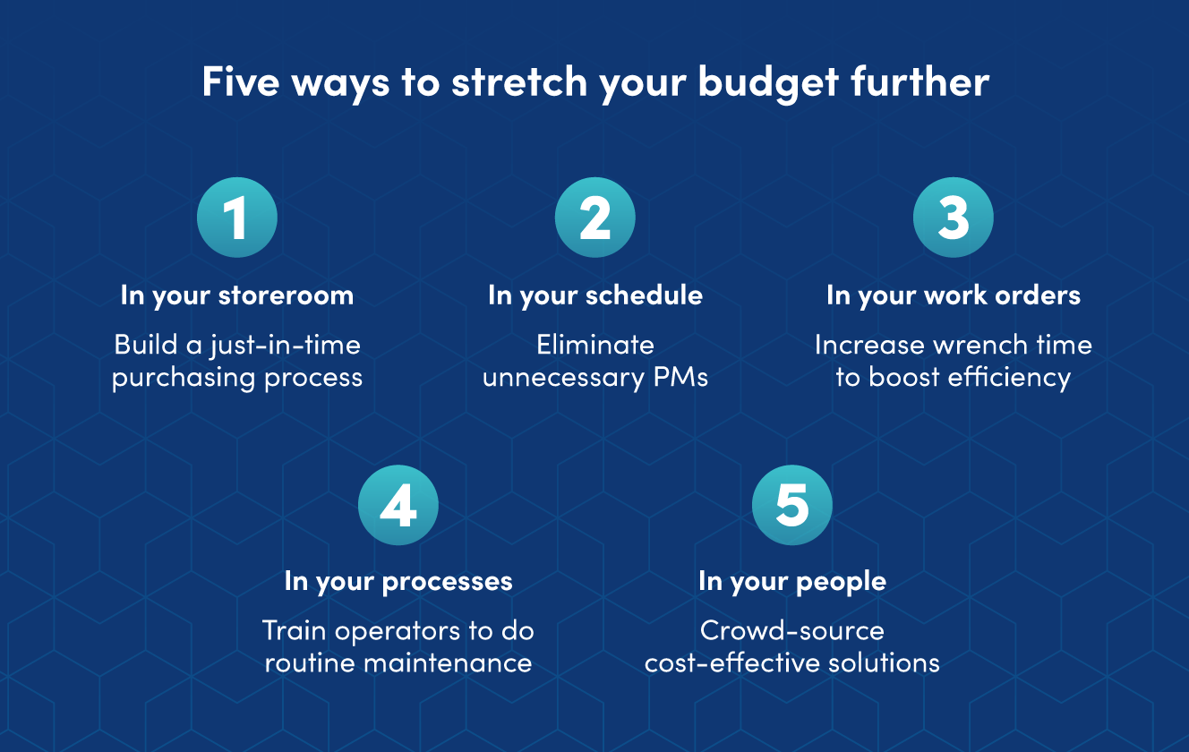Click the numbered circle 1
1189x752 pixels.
[x=237, y=218]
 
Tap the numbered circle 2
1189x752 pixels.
[x=595, y=218]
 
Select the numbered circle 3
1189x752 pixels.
[x=954, y=218]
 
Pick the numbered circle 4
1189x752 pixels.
[x=398, y=505]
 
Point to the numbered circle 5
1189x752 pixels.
[x=792, y=505]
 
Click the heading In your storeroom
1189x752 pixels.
[x=237, y=296]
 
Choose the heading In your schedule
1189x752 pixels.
[x=595, y=296]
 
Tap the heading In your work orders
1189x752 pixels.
[x=954, y=296]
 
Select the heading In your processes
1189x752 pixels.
[x=398, y=582]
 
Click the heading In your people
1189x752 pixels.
[x=792, y=582]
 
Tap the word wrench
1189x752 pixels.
[x=971, y=346]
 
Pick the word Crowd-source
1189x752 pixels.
[x=792, y=630]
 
